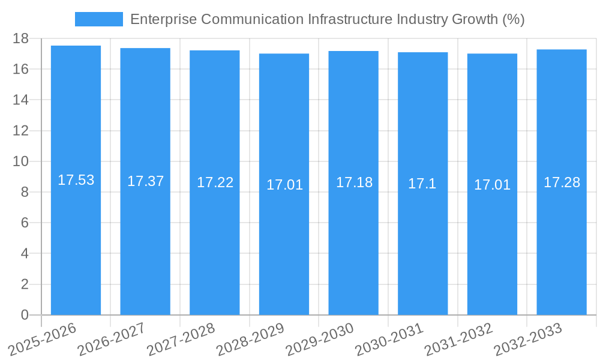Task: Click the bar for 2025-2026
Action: coord(76,240)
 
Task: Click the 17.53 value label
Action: coord(76,180)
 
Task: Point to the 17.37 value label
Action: coord(145,181)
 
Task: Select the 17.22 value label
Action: coord(215,182)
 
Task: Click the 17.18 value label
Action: coord(354,182)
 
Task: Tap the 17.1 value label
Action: coord(422,184)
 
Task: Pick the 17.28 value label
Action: coord(562,182)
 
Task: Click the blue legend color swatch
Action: coord(98,19)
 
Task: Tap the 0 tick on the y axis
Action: coord(25,315)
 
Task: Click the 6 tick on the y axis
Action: coord(25,223)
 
